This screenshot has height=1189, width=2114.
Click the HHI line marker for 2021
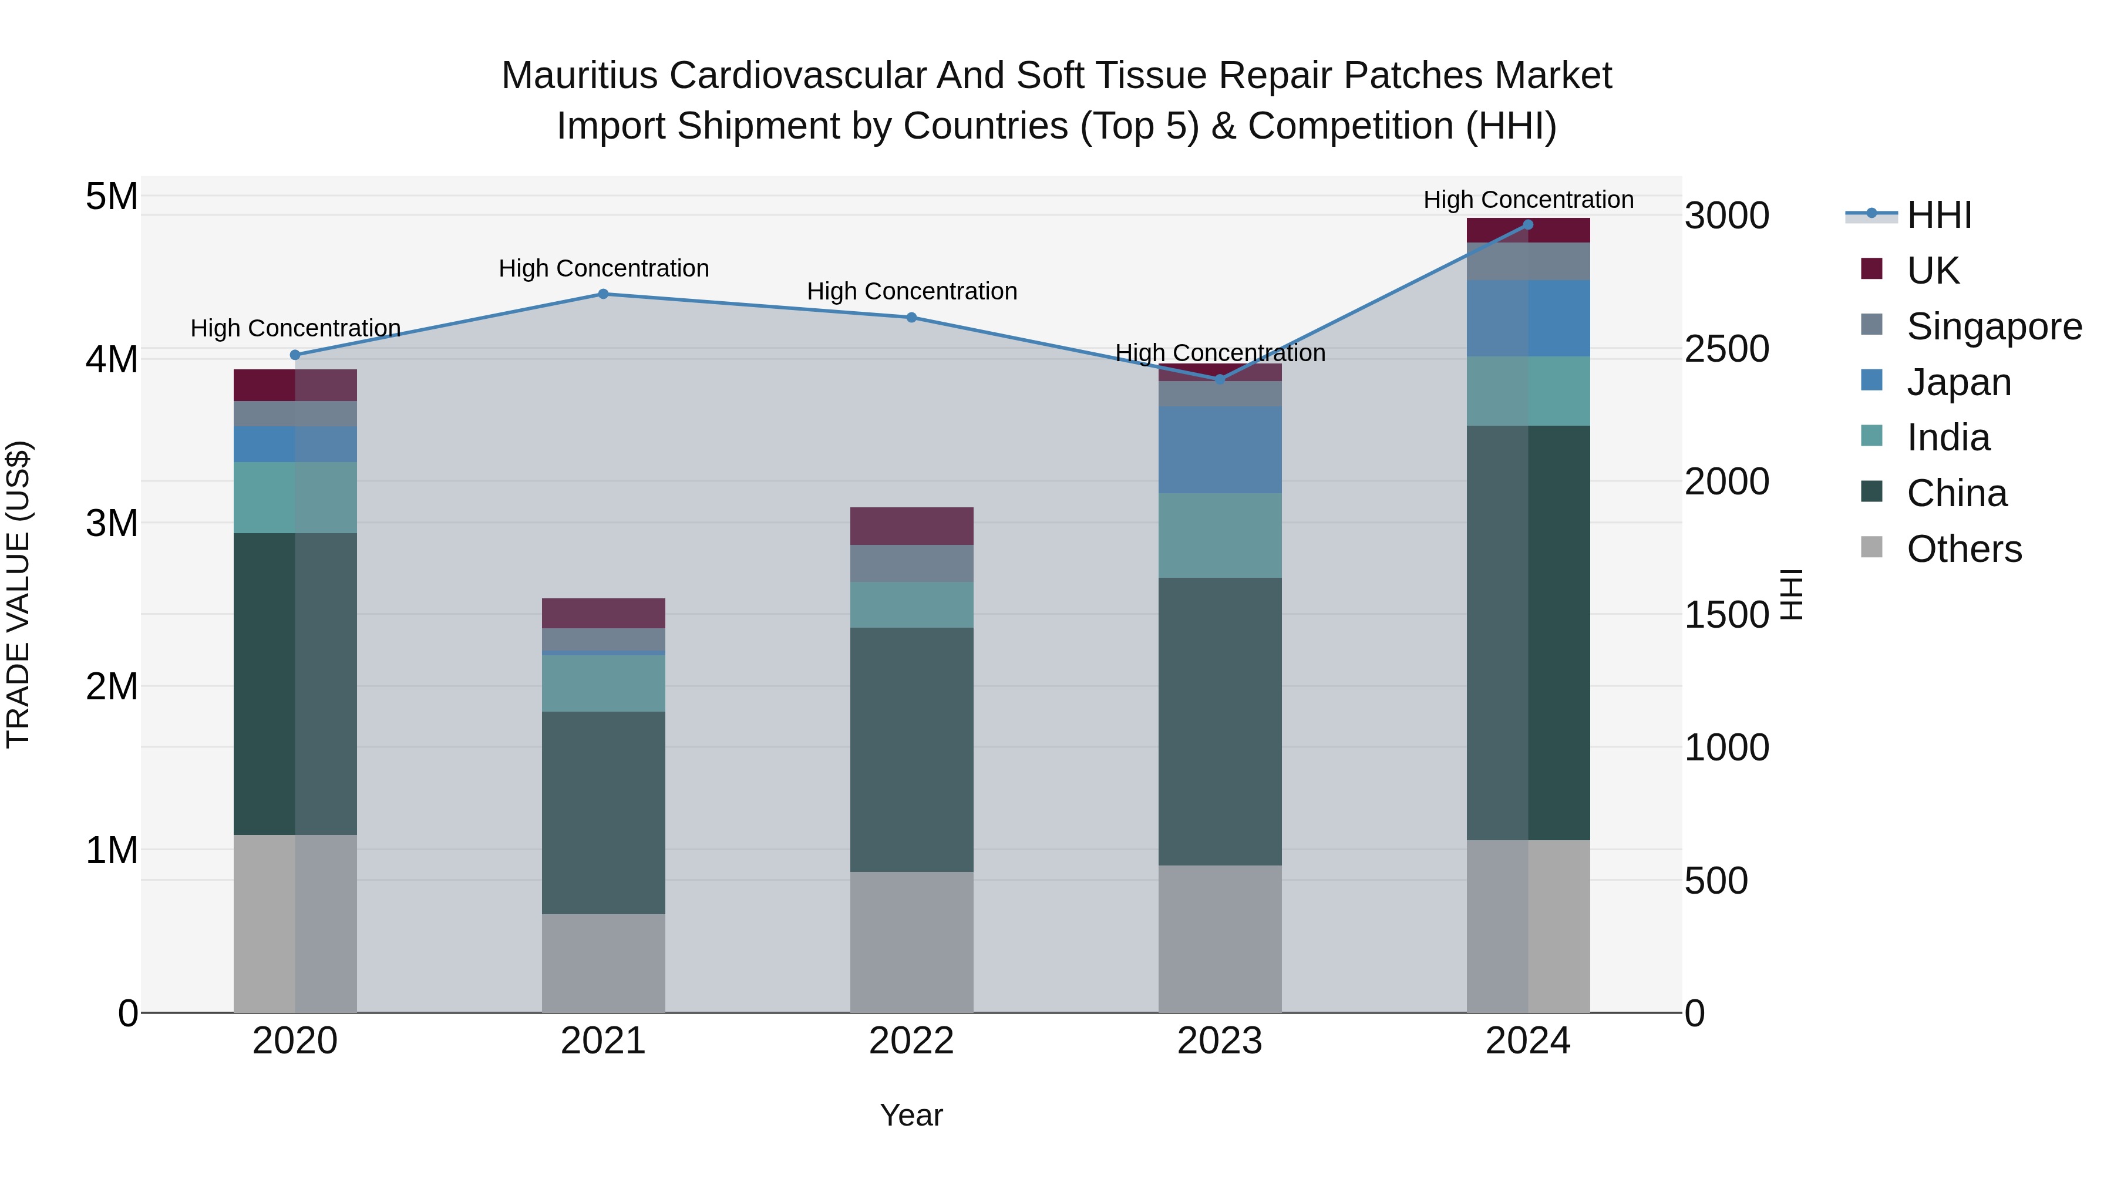(603, 294)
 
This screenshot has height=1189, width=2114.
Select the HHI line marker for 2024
(1528, 225)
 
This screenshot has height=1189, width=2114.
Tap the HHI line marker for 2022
(912, 318)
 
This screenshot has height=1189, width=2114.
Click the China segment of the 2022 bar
(912, 749)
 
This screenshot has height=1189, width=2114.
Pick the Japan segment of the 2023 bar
(1220, 450)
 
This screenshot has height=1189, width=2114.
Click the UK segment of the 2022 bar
(912, 526)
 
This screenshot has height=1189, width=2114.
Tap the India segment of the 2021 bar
(603, 683)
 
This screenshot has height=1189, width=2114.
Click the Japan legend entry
(1958, 382)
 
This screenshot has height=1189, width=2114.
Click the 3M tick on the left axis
(112, 523)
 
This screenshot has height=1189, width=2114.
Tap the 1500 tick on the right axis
(1726, 615)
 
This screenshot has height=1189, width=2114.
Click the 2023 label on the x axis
(1220, 1041)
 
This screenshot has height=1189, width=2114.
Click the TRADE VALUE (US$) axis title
(18, 594)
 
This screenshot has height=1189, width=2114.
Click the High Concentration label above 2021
(603, 268)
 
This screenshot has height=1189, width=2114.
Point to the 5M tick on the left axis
(112, 196)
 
